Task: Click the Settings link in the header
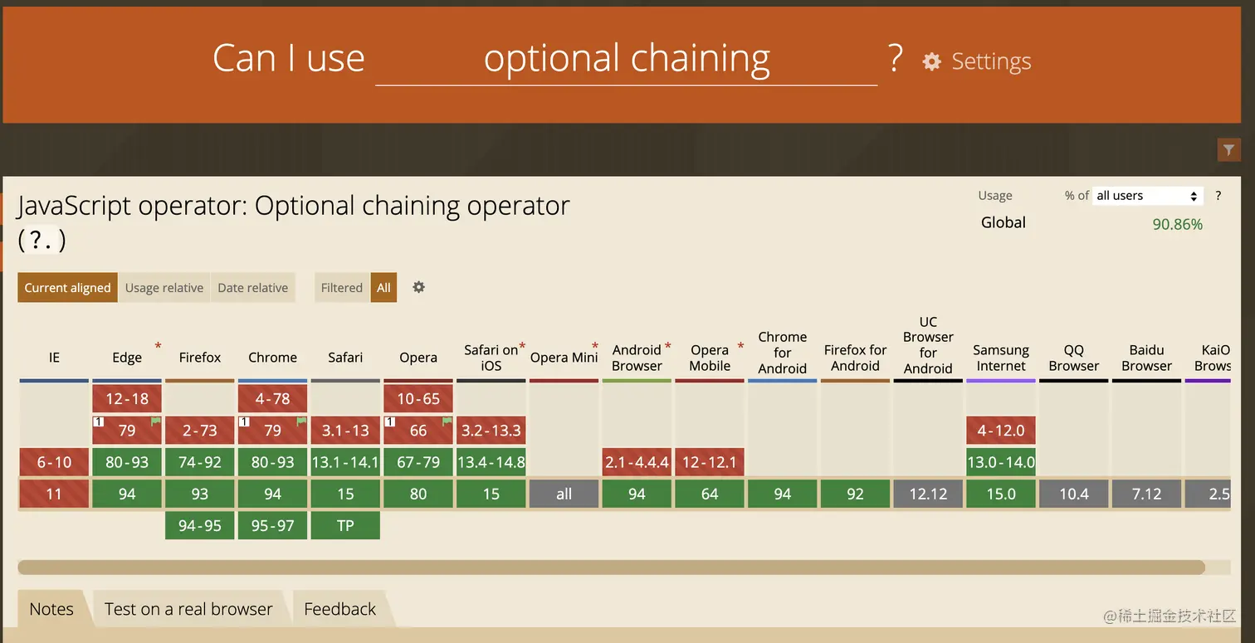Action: pos(977,61)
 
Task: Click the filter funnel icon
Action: pos(1228,150)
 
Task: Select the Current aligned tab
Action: pos(67,287)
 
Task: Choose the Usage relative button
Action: pos(164,287)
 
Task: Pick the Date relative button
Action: pos(252,287)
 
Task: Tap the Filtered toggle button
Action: pos(342,287)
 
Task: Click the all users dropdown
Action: pos(1147,196)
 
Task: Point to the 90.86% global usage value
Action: pos(1177,224)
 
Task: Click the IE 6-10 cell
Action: pos(54,462)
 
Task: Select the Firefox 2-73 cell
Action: pos(199,430)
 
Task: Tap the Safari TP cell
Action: pos(345,525)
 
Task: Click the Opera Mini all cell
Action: pos(564,494)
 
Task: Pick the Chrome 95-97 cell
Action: pos(272,525)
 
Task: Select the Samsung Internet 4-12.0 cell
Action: pos(1001,430)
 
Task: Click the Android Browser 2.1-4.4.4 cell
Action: pos(637,462)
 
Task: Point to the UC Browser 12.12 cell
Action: pos(928,494)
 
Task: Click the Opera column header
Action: pos(418,358)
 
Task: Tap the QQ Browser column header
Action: pos(1073,358)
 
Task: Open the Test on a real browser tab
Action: pos(188,609)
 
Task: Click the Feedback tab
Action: pos(339,609)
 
